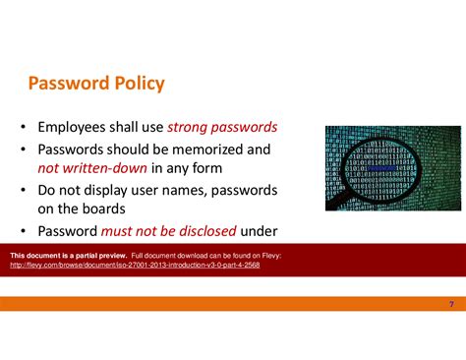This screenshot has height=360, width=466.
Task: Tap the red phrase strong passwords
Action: click(x=222, y=127)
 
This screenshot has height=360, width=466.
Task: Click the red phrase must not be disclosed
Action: click(x=169, y=231)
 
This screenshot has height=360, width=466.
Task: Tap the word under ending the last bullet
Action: click(x=260, y=231)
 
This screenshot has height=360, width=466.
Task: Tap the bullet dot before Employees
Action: click(x=21, y=128)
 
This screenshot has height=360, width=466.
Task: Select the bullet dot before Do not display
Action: click(x=21, y=190)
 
